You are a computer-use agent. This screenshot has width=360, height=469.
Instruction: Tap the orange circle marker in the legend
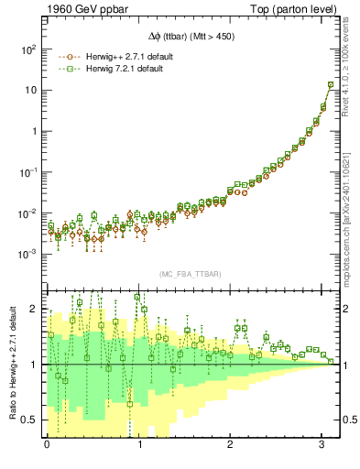(65, 56)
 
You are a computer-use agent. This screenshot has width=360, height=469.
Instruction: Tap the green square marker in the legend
(65, 69)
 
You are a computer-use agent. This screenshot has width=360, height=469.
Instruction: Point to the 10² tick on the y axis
(28, 49)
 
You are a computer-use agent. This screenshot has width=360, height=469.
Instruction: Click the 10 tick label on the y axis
(31, 90)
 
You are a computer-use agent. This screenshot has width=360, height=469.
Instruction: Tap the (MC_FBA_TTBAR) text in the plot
(193, 273)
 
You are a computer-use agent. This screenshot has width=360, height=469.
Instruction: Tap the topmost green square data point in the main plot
(330, 85)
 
